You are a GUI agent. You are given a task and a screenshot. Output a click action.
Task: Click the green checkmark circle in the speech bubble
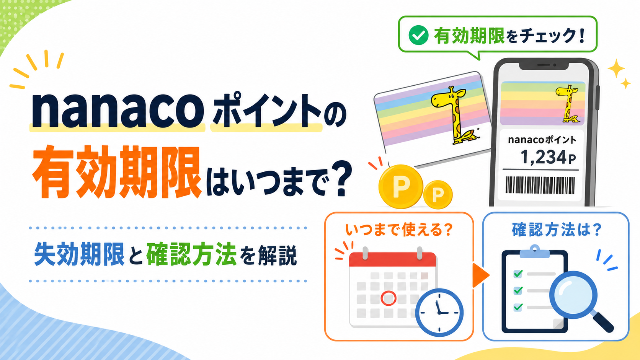pos(418,35)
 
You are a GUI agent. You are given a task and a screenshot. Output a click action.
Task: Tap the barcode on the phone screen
pos(540,185)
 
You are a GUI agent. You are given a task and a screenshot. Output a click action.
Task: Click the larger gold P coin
pos(400,187)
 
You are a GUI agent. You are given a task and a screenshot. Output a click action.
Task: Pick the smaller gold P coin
pos(438,194)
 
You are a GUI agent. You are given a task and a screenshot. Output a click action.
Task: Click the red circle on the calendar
pos(388,298)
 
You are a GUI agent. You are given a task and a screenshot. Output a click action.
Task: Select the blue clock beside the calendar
pos(439,312)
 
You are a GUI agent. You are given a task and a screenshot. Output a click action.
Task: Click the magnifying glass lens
pos(573,295)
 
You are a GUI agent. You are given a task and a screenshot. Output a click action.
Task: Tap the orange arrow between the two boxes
pos(481,275)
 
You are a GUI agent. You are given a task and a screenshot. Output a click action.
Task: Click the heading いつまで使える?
pos(399,230)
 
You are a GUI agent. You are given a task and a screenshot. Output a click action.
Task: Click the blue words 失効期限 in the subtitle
pos(79,254)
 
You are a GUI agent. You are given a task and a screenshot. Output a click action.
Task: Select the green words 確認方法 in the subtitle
pos(191,254)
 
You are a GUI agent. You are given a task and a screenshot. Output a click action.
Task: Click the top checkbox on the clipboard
pos(518,274)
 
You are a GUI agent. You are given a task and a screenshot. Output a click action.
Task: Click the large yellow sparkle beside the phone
pos(616,68)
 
